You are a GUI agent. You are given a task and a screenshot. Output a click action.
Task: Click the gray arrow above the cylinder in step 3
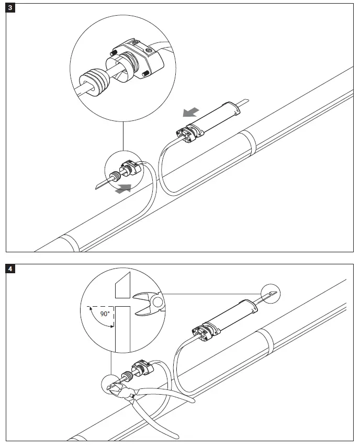pos(190,112)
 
